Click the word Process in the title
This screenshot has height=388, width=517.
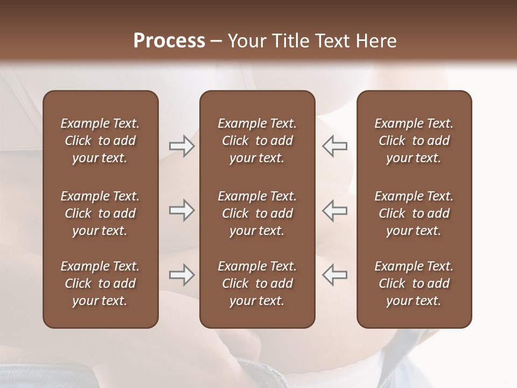pyautogui.click(x=169, y=41)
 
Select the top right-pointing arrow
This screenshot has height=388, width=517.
pyautogui.click(x=181, y=146)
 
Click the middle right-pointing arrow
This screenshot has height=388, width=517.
pyautogui.click(x=181, y=211)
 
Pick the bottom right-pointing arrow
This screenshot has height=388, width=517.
pyautogui.click(x=181, y=275)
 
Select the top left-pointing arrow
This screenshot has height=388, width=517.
pyautogui.click(x=334, y=146)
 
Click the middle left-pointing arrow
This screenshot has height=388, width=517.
pyautogui.click(x=334, y=211)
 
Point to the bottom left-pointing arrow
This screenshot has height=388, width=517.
pyautogui.click(x=334, y=275)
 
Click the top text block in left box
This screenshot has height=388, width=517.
pyautogui.click(x=100, y=141)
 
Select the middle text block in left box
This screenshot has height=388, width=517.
pyautogui.click(x=100, y=213)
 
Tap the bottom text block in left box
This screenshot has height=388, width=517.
pyautogui.click(x=100, y=283)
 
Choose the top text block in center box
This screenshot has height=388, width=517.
pyautogui.click(x=257, y=141)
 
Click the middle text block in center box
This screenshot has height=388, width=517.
pyautogui.click(x=257, y=213)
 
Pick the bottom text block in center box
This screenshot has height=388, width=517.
pyautogui.click(x=257, y=283)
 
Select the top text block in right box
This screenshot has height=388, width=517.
pyautogui.click(x=414, y=141)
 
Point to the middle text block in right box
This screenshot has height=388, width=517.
pyautogui.click(x=414, y=213)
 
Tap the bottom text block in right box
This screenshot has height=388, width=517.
pyautogui.click(x=414, y=283)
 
